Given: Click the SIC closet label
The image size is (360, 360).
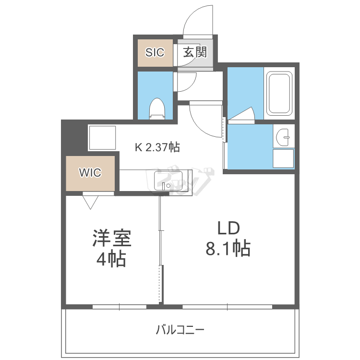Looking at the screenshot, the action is pos(155,53).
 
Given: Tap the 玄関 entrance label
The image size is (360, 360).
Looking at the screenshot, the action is pos(195,52).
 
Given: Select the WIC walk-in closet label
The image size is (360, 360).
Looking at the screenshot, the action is pos(90,173).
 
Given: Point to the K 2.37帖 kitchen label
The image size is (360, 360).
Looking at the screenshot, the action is pos(157,147).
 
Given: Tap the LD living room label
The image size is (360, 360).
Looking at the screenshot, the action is pos(228,228).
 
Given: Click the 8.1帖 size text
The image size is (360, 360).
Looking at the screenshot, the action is pos(228,248).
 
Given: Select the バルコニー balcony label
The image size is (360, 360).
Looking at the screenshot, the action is pos(180,330).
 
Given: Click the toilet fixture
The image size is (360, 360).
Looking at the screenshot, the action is pos(157,108).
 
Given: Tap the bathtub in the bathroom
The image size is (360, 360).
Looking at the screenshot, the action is pos(279,94).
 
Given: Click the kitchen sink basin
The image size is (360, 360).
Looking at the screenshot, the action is pos(168,180).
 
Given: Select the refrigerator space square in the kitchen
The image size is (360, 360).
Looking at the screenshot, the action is pos(102,138).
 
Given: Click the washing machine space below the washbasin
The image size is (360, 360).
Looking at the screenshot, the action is pos(283,158).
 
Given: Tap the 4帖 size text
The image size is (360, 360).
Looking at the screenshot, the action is pos(111,259).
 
